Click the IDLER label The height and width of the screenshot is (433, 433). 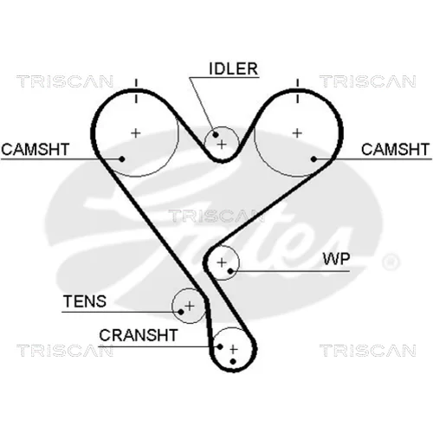click(x=233, y=68)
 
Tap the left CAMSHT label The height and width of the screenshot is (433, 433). click(x=36, y=149)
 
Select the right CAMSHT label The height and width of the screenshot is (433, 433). click(x=395, y=149)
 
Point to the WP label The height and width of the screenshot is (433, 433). click(x=336, y=259)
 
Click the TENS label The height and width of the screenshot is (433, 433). click(x=85, y=301)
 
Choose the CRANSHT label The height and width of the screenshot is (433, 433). click(x=139, y=335)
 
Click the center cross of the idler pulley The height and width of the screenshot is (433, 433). click(x=222, y=144)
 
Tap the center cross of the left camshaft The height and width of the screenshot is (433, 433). click(x=136, y=133)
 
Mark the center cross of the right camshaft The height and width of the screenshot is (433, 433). click(x=297, y=133)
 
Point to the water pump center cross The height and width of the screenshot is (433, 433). click(x=222, y=262)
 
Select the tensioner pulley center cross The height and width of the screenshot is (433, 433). click(x=190, y=306)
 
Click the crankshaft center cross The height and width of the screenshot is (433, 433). click(x=233, y=349)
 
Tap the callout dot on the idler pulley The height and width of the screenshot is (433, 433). click(x=216, y=134)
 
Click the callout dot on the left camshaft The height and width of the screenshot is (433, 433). click(x=122, y=158)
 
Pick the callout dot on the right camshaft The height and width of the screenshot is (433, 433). click(x=313, y=158)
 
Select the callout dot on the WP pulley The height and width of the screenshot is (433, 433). click(x=230, y=271)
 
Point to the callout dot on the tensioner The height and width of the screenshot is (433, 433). click(x=181, y=312)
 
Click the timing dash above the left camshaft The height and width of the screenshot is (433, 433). click(x=136, y=91)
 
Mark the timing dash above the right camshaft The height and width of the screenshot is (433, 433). click(x=297, y=91)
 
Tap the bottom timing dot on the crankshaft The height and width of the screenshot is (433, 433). click(x=233, y=361)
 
